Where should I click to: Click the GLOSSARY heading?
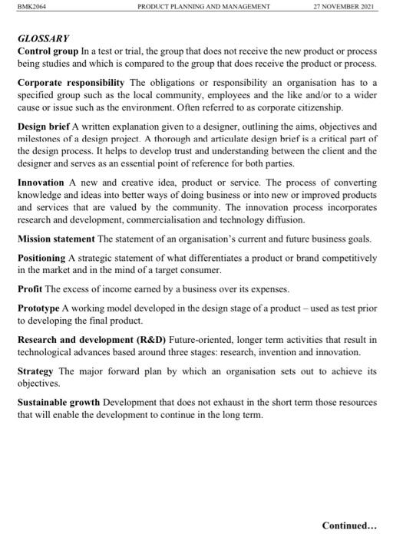[43, 37]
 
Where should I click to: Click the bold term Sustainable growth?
[66, 403]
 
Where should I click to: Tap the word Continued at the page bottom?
[345, 525]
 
